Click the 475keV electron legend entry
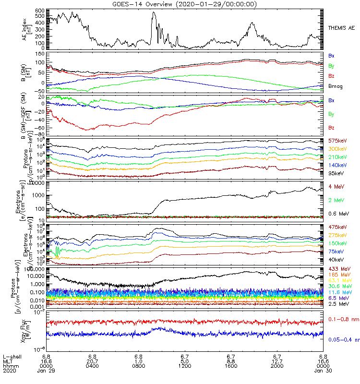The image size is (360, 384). click(337, 227)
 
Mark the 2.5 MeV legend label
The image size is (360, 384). click(338, 304)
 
